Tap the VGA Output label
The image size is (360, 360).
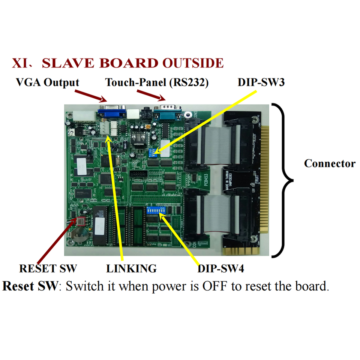[x=48, y=82]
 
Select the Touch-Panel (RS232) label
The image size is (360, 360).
[x=157, y=82]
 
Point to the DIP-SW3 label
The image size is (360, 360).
[x=261, y=82]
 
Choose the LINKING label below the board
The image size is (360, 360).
[x=131, y=268]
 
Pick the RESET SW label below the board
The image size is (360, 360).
[x=48, y=268]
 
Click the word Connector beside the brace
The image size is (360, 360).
[x=330, y=163]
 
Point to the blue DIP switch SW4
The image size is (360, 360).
[x=157, y=210]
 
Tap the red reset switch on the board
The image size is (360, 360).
[x=82, y=222]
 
